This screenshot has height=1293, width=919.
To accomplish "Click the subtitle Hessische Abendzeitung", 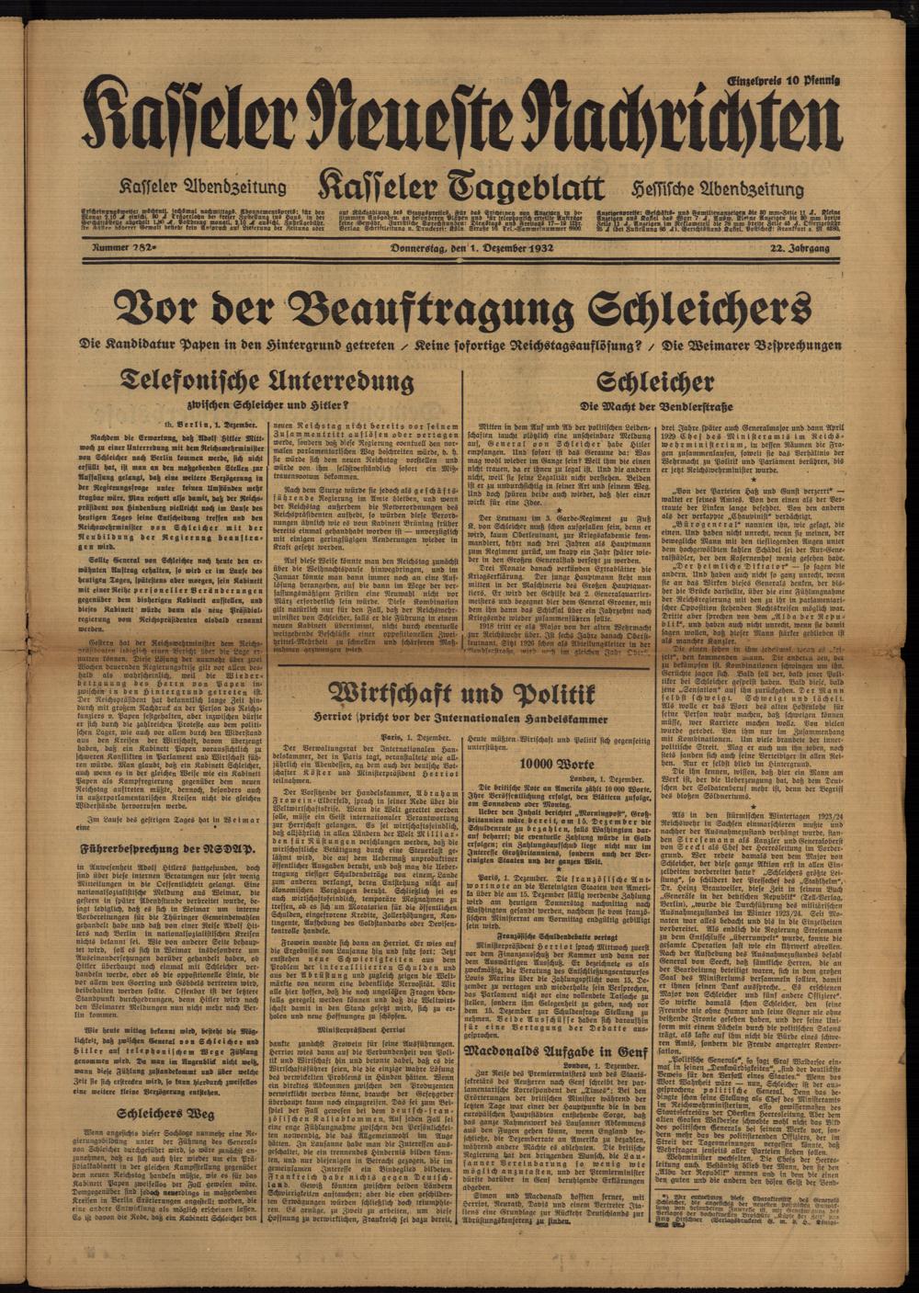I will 717,188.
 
